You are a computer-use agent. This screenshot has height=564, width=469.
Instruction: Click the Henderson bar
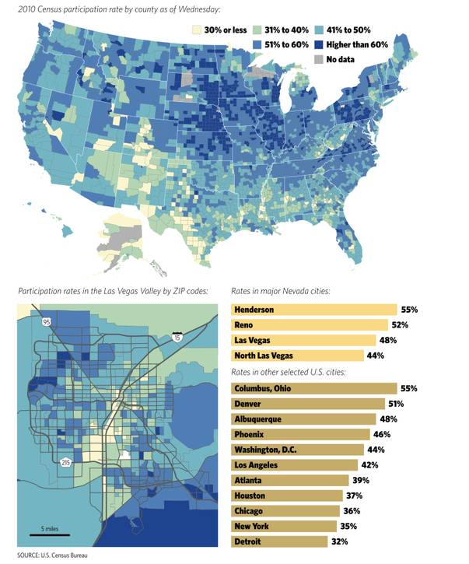click(x=313, y=310)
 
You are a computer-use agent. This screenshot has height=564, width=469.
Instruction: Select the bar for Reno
click(x=310, y=325)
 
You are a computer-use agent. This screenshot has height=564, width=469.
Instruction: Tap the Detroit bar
click(x=279, y=541)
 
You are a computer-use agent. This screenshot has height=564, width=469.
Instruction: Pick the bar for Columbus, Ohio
click(x=313, y=388)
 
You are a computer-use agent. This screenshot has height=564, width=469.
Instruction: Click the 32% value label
click(x=340, y=541)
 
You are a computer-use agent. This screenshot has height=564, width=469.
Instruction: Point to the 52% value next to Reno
click(x=400, y=325)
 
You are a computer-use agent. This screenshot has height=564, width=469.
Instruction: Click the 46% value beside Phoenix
click(x=382, y=435)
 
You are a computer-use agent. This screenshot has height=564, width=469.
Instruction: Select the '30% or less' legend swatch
click(x=196, y=30)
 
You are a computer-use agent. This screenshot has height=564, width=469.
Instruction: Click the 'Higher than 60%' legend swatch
click(x=319, y=45)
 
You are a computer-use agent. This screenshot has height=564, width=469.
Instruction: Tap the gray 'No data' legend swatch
click(x=319, y=60)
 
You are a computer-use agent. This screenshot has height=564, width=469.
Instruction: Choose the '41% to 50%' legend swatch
click(x=319, y=30)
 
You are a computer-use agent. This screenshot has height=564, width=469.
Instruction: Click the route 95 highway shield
click(x=47, y=322)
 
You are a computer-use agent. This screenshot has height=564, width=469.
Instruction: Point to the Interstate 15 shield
click(x=177, y=337)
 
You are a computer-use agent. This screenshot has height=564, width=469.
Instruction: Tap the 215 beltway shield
click(x=65, y=463)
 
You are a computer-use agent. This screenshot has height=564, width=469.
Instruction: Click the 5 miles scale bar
click(x=50, y=535)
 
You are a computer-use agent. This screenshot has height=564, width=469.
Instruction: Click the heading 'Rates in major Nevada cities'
click(x=281, y=291)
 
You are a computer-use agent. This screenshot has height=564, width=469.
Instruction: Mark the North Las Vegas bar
click(x=297, y=356)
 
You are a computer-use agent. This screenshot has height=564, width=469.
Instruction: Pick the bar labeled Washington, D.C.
click(x=297, y=450)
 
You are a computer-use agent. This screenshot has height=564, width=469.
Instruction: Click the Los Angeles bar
click(x=294, y=465)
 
